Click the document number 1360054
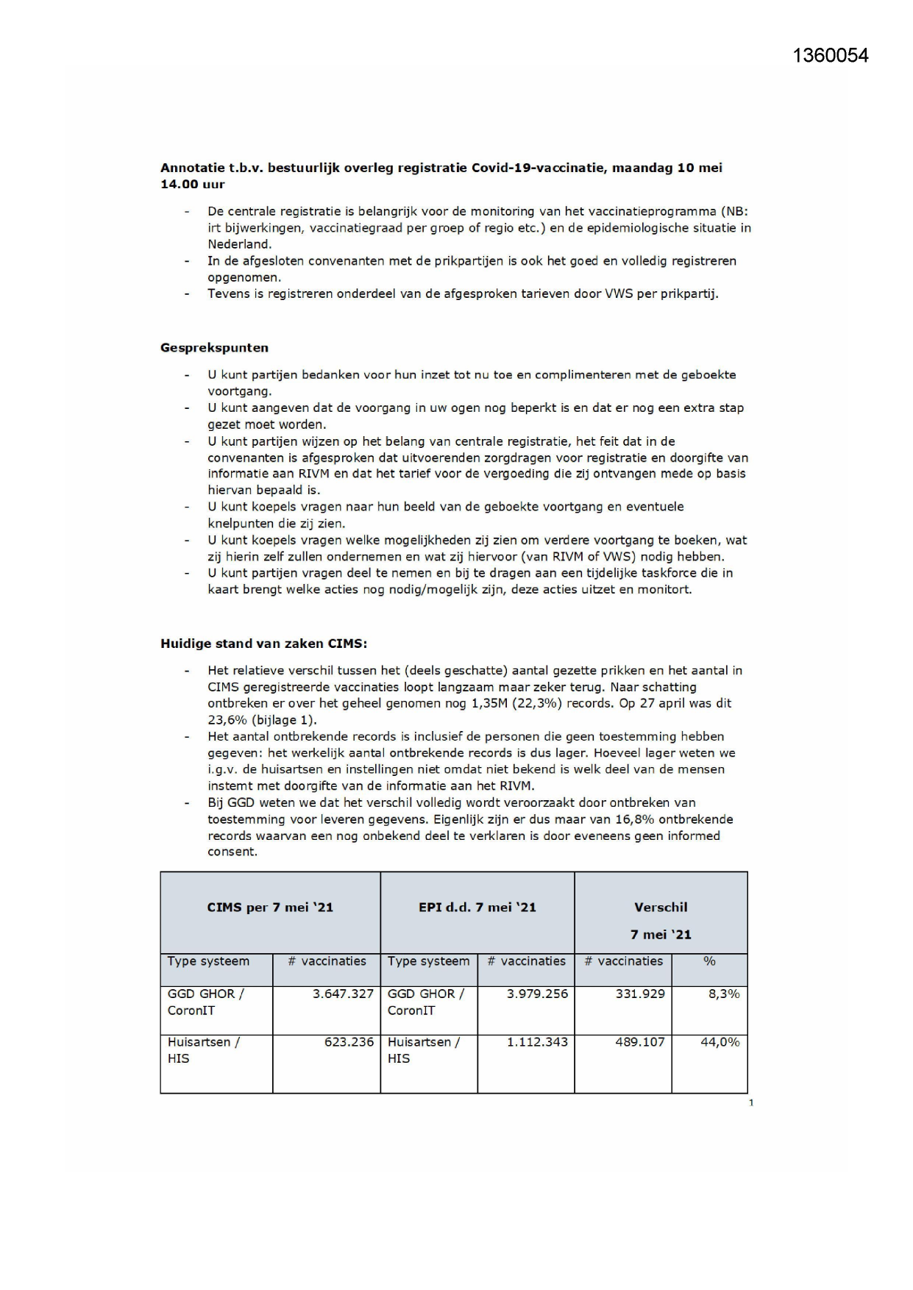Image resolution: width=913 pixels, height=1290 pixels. [831, 56]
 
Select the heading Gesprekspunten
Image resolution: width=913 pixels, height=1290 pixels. [214, 348]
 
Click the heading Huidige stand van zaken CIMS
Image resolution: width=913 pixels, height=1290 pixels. [263, 644]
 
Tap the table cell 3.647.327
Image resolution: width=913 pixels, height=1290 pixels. [343, 994]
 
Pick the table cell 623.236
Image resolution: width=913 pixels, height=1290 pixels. [349, 1042]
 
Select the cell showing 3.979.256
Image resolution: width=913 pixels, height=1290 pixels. [537, 994]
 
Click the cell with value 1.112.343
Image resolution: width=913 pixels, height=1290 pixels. [537, 1042]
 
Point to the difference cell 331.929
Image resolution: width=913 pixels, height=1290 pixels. [639, 994]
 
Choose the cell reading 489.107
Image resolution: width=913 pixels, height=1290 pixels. [639, 1042]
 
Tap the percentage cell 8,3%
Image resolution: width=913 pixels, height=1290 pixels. [724, 994]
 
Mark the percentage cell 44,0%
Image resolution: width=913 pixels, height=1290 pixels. [720, 1042]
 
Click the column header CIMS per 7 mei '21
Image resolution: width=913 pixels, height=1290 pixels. [270, 908]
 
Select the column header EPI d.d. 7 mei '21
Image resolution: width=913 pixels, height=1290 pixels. [477, 908]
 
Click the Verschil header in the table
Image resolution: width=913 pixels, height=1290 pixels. [661, 908]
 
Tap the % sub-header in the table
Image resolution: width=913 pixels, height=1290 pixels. [709, 961]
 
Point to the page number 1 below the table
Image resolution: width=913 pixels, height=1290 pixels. [751, 1102]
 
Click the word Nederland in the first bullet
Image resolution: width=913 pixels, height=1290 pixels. [239, 244]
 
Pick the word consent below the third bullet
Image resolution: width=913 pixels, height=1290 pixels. [232, 852]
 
